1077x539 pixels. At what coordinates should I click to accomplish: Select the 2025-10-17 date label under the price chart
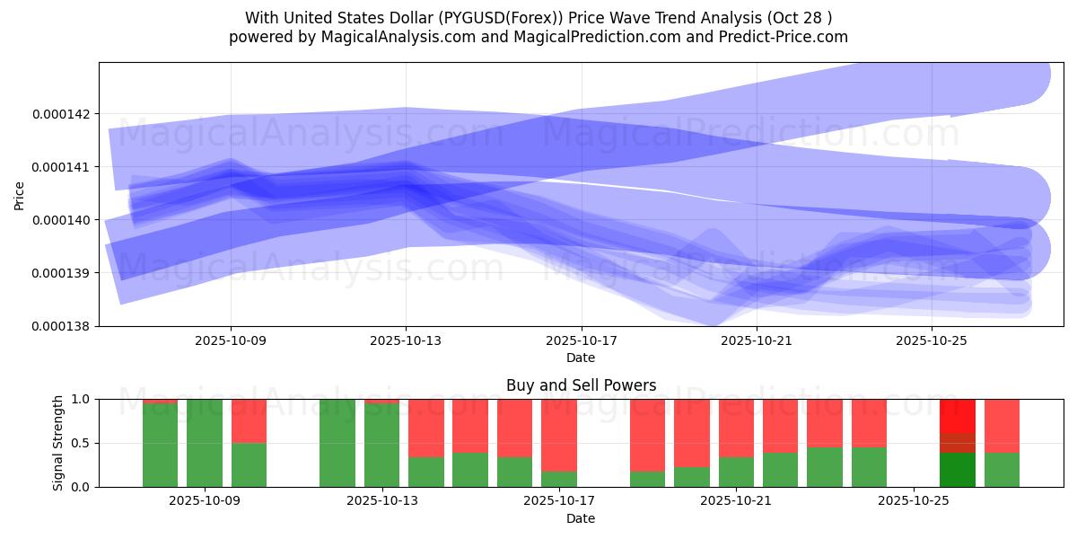(581, 341)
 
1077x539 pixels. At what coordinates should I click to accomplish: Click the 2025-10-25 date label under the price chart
(932, 341)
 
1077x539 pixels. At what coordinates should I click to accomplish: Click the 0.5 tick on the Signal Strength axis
(82, 443)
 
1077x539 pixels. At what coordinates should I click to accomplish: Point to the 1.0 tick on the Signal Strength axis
(82, 399)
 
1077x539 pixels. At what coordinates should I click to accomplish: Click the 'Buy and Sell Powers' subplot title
(581, 385)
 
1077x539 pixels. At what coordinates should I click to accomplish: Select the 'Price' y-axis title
(21, 194)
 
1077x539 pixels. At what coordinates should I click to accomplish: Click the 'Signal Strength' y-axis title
(58, 443)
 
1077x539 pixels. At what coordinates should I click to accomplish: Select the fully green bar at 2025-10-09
(205, 443)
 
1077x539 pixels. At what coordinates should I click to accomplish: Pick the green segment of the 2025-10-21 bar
(736, 473)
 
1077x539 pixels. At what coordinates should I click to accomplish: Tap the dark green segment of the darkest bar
(958, 470)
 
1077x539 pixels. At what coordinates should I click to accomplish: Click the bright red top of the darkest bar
(958, 415)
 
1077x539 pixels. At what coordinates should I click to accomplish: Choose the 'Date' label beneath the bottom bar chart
(581, 518)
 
